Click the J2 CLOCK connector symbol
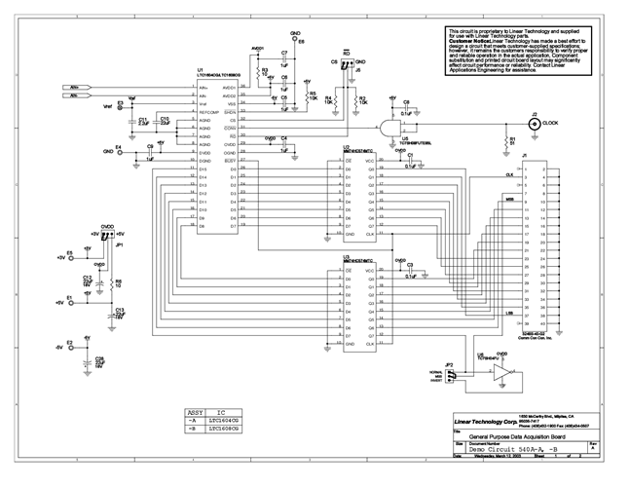534,124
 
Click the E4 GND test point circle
119,151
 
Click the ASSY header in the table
196,411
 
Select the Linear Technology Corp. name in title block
486,423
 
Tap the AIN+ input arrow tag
77,88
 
